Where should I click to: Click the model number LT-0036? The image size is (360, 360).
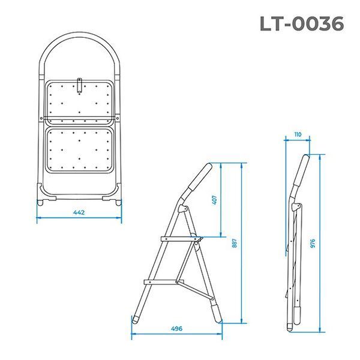(x=302, y=23)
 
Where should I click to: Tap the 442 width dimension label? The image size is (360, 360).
(x=79, y=212)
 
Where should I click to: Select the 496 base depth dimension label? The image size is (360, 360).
(x=176, y=329)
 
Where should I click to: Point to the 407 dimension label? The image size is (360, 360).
(x=214, y=200)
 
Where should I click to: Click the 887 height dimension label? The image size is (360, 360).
(x=235, y=243)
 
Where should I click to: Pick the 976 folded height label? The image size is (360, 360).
(x=313, y=243)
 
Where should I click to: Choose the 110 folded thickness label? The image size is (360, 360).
(x=298, y=134)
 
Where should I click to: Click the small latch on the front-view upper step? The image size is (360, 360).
(x=79, y=86)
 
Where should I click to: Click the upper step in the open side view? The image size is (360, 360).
(x=182, y=239)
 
